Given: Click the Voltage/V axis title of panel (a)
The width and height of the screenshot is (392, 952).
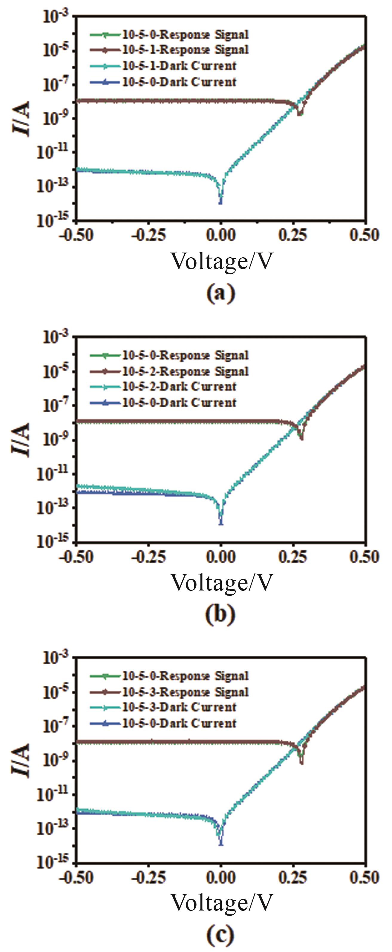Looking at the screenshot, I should pos(221,262).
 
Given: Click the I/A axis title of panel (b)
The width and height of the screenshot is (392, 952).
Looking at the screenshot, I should pos(23,440).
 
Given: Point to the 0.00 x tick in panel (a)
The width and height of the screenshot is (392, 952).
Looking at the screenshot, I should pos(221,236).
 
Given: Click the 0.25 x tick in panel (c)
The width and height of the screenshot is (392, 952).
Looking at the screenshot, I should pos(294,877).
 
